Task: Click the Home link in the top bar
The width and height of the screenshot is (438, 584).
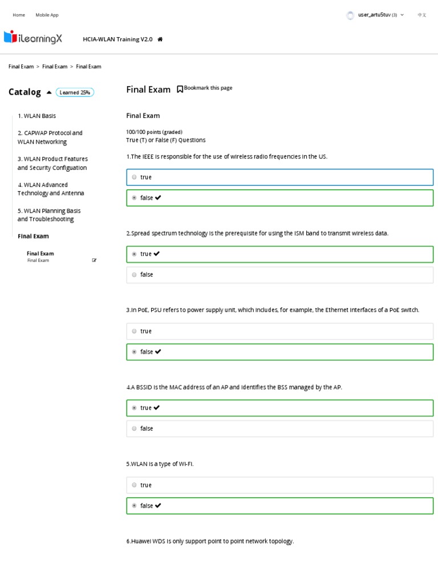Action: coord(19,15)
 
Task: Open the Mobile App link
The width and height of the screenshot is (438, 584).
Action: coord(47,15)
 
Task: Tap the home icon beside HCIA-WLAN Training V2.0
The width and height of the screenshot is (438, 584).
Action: coord(160,39)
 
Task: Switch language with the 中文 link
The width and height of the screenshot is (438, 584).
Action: coord(421,15)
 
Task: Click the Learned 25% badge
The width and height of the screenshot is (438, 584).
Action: coord(75,92)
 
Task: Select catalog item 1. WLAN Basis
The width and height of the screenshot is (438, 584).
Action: coord(36,116)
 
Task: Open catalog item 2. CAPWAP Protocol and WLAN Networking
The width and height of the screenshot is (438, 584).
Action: coord(50,137)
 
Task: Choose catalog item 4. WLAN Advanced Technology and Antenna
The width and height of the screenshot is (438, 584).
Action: coord(50,189)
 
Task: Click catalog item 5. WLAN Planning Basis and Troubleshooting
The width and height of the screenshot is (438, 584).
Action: coord(49,215)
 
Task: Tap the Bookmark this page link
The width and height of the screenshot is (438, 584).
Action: coord(205,88)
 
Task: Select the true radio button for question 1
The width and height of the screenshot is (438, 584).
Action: coord(134,177)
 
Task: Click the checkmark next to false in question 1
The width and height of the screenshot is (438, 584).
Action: coord(158,198)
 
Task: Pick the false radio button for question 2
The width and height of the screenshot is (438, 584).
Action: coord(134,275)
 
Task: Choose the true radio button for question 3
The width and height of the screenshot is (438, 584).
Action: coord(134,331)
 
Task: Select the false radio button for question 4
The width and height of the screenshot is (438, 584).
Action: coord(134,429)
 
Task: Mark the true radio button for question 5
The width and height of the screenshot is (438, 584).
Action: coord(134,485)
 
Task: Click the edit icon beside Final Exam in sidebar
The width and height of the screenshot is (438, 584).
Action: coord(94,261)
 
